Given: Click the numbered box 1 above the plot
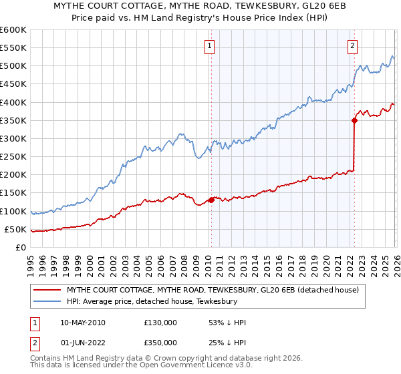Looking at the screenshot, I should [x=210, y=46].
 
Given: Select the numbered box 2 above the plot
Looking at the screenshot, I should [x=352, y=46].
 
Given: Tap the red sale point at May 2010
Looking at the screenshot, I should [x=211, y=200].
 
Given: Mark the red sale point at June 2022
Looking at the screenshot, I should [x=354, y=120].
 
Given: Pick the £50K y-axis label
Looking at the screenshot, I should [x=17, y=230].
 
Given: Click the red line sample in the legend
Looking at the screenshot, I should [x=47, y=290].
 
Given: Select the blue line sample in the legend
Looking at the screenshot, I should [x=47, y=301].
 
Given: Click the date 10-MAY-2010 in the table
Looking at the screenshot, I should [x=82, y=323].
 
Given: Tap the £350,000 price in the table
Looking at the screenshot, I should [x=160, y=343].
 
